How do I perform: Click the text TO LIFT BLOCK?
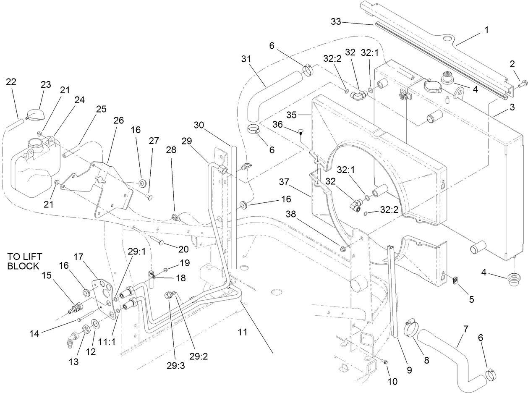click(25, 261)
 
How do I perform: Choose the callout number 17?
click(79, 256)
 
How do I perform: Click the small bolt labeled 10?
click(386, 362)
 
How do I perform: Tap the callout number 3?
click(512, 107)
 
